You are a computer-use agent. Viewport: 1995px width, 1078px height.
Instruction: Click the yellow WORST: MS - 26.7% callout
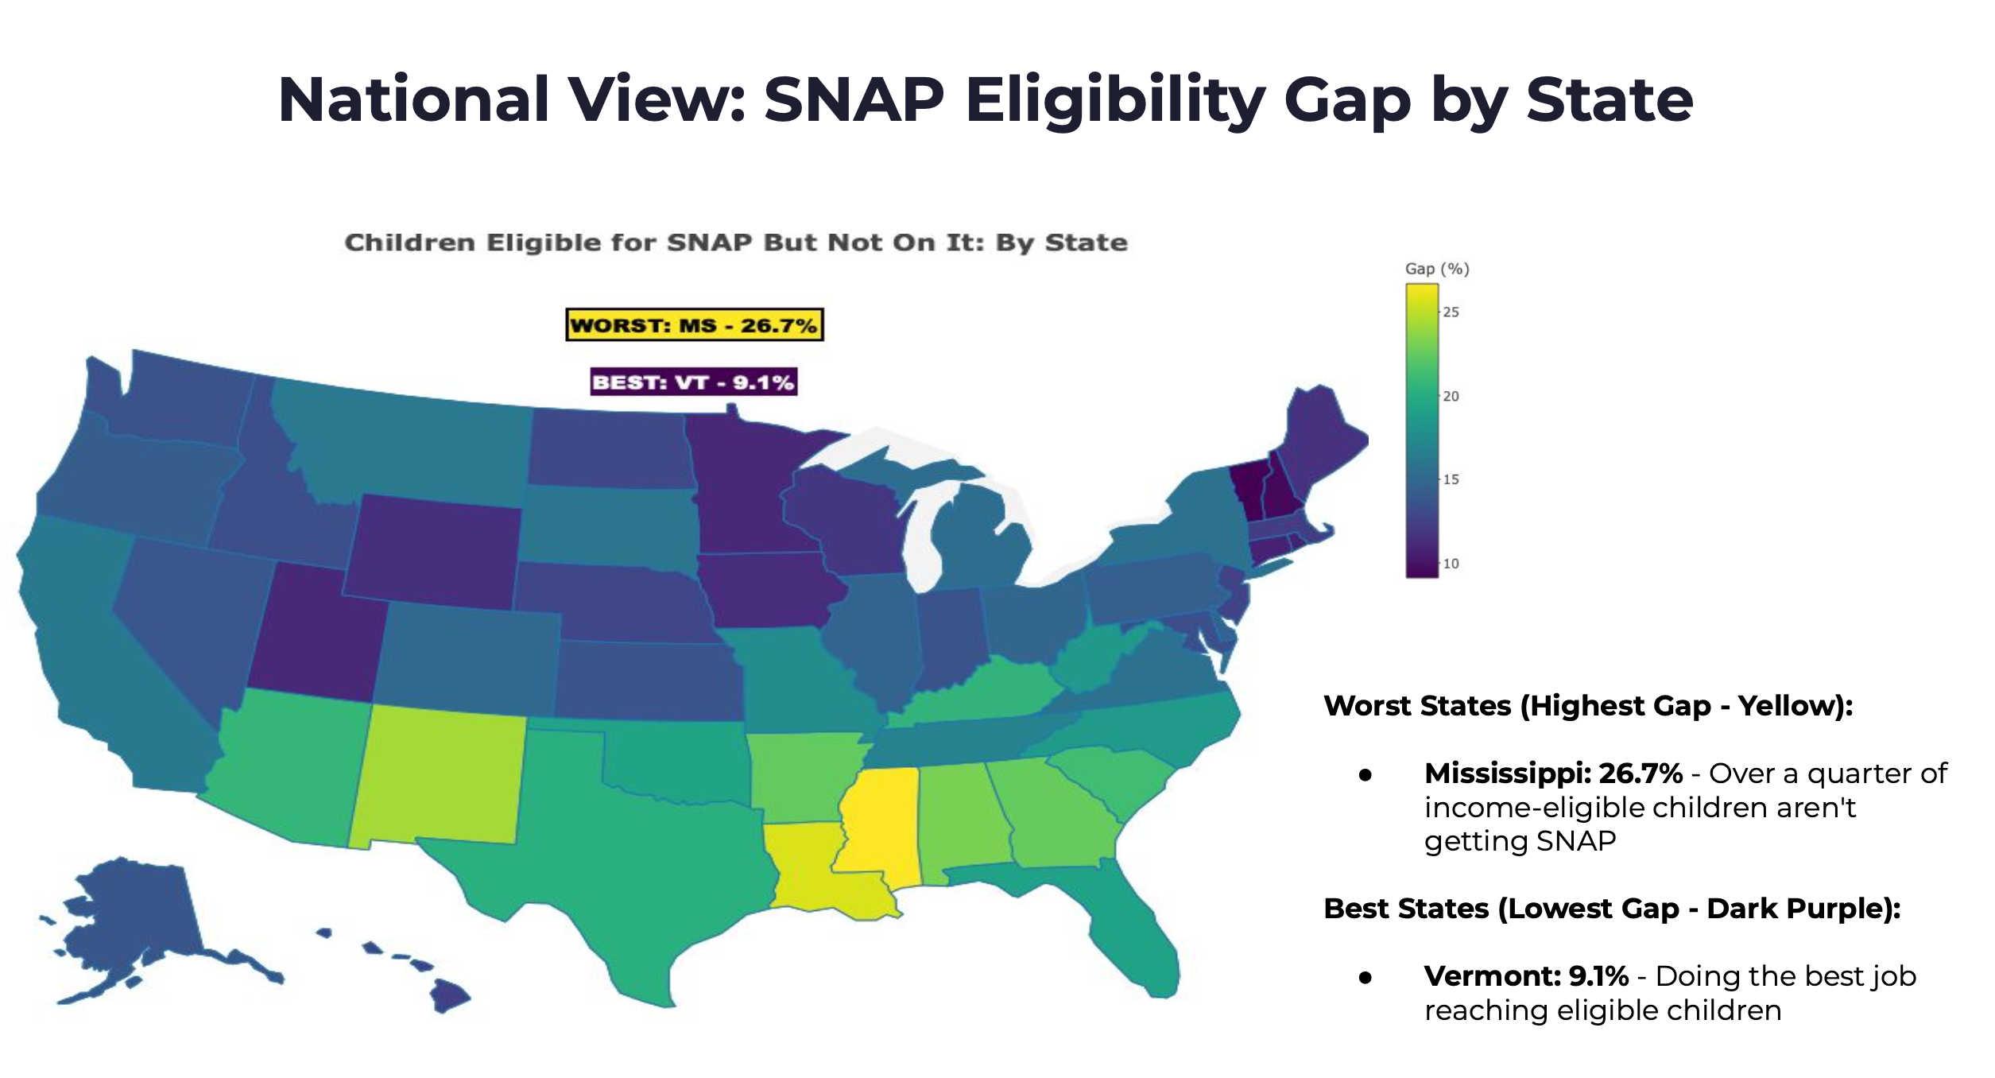(694, 325)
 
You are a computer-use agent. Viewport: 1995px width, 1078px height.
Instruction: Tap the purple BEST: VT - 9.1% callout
(694, 382)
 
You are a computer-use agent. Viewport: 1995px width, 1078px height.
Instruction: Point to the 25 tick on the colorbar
(1451, 312)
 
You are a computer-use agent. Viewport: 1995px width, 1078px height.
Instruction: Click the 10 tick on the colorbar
(1451, 564)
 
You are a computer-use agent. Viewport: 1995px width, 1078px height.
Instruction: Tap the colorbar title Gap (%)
(1437, 269)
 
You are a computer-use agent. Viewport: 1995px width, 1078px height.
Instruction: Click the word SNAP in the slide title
(854, 100)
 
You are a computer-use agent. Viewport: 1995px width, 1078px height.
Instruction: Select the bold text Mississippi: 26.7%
(1553, 773)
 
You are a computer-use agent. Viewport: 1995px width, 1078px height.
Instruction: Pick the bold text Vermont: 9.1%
(1526, 975)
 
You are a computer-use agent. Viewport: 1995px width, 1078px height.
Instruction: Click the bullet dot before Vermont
(1366, 978)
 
